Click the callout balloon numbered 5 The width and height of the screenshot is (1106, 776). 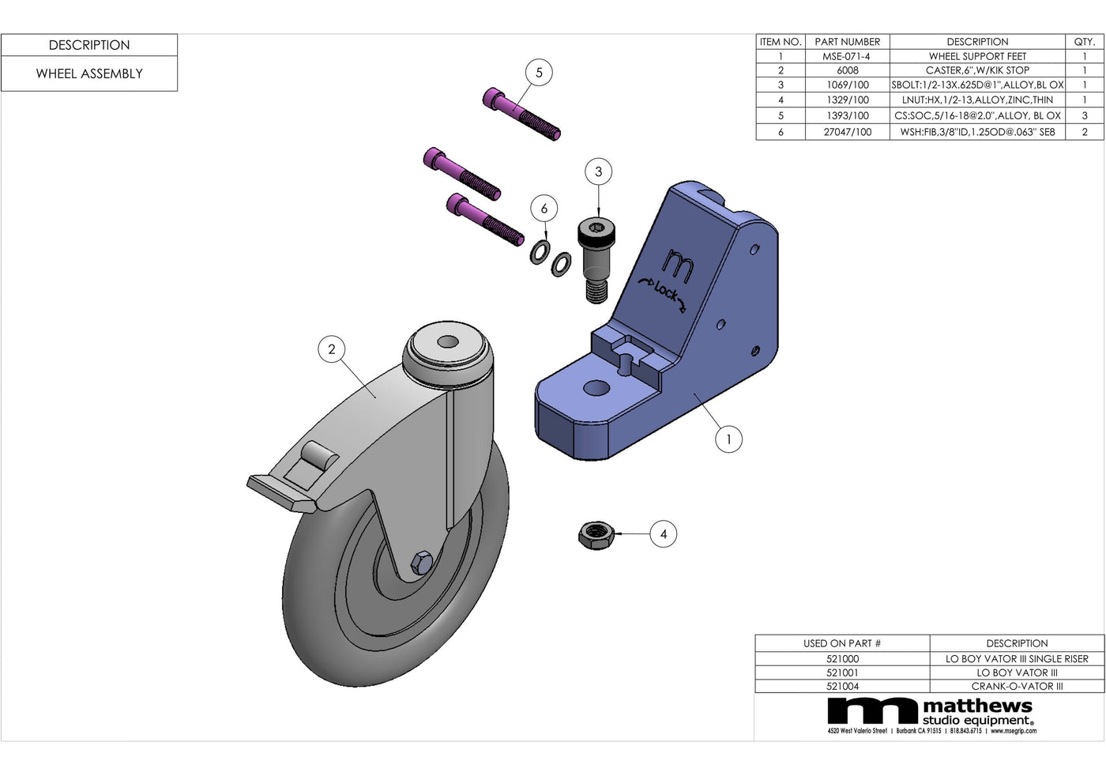(x=539, y=73)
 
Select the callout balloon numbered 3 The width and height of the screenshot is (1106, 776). (x=598, y=171)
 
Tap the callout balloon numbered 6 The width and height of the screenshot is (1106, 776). (x=544, y=209)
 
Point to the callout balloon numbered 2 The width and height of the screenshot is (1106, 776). (x=331, y=349)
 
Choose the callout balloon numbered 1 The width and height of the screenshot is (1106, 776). (x=728, y=439)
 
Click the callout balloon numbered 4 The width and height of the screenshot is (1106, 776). (x=664, y=534)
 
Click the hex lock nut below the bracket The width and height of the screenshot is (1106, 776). (x=596, y=535)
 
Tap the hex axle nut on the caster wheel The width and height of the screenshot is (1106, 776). (x=421, y=562)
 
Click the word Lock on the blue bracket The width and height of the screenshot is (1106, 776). (x=665, y=292)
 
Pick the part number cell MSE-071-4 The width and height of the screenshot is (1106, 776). (x=846, y=56)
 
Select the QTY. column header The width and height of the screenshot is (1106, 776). (x=1084, y=42)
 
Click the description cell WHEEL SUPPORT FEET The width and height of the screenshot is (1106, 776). (x=977, y=56)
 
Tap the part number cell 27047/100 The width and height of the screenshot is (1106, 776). (x=847, y=132)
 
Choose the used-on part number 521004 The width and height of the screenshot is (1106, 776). (x=842, y=686)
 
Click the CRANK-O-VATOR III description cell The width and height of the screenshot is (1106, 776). (x=1017, y=686)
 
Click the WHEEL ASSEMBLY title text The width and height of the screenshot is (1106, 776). (x=89, y=73)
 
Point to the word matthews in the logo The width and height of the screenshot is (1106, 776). (x=977, y=706)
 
